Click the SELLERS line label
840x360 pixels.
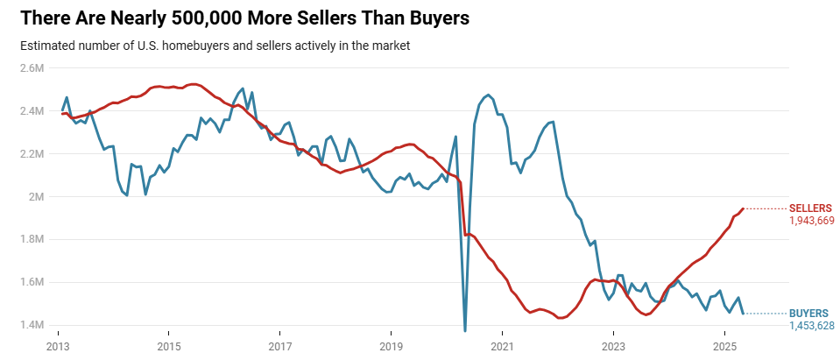tap(811, 208)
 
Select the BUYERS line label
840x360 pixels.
tap(809, 313)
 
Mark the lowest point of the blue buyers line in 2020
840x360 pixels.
tap(464, 330)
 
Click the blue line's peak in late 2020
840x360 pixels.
tap(488, 95)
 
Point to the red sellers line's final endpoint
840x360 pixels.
tap(743, 208)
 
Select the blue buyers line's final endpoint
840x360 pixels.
tap(744, 314)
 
